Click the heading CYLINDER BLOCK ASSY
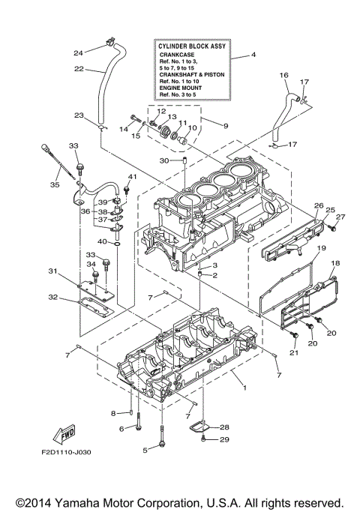(x=192, y=46)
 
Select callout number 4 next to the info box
(x=253, y=55)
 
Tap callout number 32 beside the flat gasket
(x=52, y=298)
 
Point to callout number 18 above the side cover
(x=336, y=263)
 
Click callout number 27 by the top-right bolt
(x=340, y=217)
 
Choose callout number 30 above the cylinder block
(x=164, y=160)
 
